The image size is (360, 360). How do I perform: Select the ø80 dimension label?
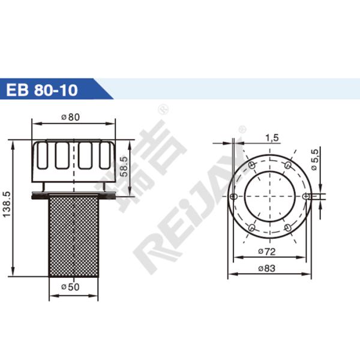pyautogui.click(x=71, y=118)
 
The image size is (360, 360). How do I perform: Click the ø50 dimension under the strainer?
pyautogui.click(x=71, y=287)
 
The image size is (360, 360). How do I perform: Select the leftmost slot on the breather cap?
pyautogui.click(x=43, y=155)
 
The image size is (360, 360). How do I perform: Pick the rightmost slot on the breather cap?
pyautogui.click(x=104, y=155)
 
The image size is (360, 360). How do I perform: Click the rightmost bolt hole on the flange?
pyautogui.click(x=307, y=196)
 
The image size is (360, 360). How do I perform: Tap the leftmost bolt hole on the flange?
pyautogui.click(x=235, y=196)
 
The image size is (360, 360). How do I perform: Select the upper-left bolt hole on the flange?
pyautogui.click(x=253, y=164)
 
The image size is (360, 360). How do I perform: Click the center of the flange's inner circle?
pyautogui.click(x=271, y=196)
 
